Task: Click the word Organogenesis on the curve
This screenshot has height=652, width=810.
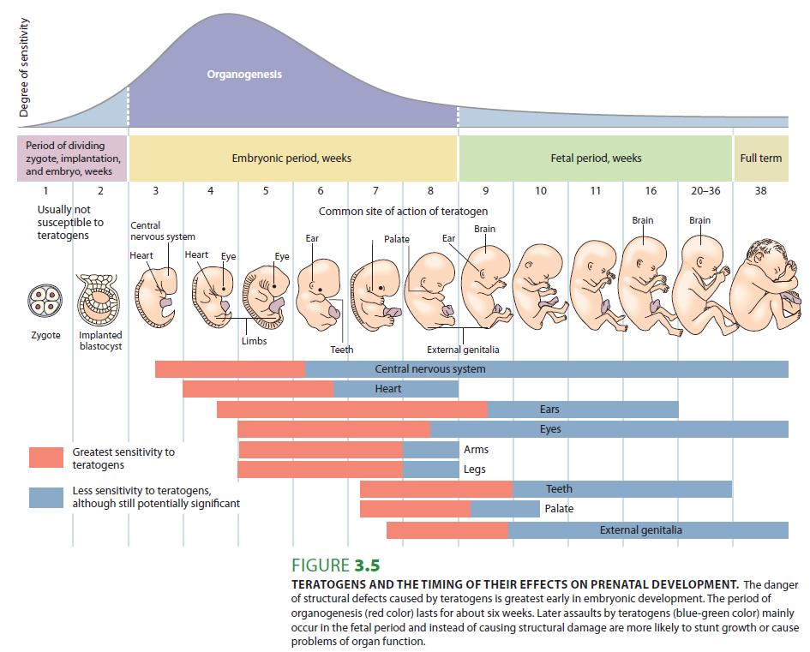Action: point(243,75)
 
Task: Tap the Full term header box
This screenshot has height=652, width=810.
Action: point(760,158)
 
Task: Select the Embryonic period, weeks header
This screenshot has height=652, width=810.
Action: point(291,159)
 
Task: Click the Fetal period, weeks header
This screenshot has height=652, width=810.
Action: point(596,159)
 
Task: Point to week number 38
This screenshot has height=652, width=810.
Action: point(760,191)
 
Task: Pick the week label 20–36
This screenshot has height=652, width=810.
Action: point(705,191)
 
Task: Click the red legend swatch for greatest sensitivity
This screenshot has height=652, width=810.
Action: point(45,457)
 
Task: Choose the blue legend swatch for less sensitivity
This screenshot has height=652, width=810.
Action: point(45,497)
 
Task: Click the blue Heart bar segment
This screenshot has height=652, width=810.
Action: point(396,389)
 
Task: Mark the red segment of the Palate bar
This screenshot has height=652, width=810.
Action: point(415,509)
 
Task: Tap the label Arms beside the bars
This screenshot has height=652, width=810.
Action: point(476,449)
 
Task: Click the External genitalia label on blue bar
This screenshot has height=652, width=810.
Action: point(640,530)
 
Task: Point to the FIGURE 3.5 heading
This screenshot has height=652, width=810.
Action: point(335,565)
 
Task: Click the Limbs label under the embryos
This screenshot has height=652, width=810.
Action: point(254,341)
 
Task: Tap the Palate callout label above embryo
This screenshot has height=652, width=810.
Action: point(396,239)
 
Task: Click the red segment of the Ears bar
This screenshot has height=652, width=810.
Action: point(351,410)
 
